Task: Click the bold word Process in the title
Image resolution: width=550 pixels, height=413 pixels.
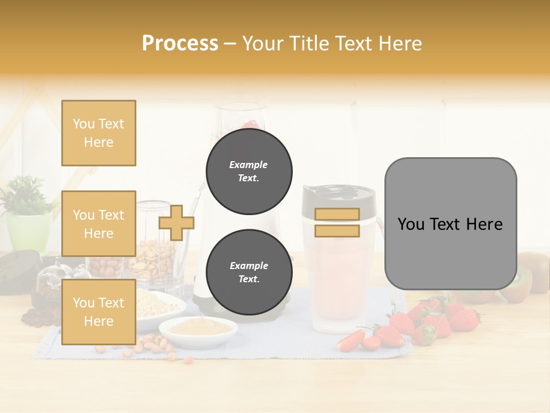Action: coord(180,44)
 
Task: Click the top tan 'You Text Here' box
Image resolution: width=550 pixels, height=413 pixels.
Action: coord(99,133)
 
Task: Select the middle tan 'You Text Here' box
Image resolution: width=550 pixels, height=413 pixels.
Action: coord(99,224)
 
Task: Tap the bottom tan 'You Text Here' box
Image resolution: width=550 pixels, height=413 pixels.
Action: coord(99,312)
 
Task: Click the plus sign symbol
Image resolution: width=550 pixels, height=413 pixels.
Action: coord(176,223)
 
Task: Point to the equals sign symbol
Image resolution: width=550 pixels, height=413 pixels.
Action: coord(337,223)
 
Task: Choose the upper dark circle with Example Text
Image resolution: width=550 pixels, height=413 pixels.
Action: coord(249,172)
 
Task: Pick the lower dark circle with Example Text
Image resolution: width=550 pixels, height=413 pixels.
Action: coord(249,272)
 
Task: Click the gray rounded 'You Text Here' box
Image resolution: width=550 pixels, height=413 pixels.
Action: coord(450,224)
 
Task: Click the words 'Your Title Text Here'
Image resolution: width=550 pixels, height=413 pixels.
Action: coord(332,44)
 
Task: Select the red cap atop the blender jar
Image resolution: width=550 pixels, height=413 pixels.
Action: coord(250,124)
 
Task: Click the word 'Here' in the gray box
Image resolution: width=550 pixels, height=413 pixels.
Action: coord(484,224)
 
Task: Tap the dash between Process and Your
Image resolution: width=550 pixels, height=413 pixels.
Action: coord(230,44)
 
